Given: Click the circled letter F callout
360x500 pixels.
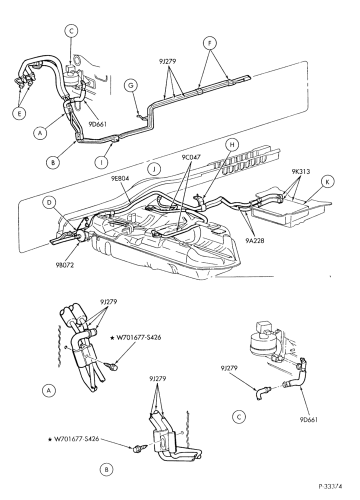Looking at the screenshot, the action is (210, 43).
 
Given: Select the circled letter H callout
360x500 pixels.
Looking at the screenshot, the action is (232, 145).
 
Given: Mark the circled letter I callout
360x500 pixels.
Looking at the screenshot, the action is (102, 162).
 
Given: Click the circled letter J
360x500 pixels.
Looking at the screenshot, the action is (154, 169).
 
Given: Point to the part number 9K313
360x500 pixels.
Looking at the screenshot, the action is (300, 171).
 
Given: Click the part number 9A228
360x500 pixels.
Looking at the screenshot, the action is (255, 241).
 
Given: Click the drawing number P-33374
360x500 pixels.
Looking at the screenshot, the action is (330, 486).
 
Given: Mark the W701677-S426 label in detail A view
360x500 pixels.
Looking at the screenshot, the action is (136, 337).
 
